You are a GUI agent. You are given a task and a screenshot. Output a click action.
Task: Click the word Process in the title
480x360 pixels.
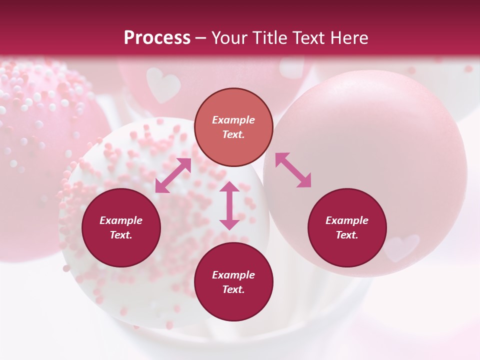coord(157,38)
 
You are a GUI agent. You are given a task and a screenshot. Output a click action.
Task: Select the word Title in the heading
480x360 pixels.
coord(273,38)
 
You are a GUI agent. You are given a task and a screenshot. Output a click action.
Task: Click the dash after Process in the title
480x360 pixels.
coord(201,39)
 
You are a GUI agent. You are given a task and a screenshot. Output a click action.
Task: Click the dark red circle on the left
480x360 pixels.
coord(121,227)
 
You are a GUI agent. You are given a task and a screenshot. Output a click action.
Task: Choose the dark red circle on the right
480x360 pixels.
coord(347,227)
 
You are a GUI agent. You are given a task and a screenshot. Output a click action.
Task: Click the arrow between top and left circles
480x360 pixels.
coord(173,175)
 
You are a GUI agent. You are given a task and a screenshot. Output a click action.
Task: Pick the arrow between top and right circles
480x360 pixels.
coord(293,170)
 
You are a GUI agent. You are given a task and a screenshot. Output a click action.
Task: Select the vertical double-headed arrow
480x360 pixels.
coord(229,205)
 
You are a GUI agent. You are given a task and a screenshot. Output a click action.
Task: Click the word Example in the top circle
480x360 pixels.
coord(233,120)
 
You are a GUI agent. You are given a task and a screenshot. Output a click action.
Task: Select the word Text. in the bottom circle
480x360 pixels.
coord(233,289)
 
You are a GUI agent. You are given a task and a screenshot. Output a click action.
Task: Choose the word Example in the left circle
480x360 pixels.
coord(121,220)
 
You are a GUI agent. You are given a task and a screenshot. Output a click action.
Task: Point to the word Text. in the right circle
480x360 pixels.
coord(347,235)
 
